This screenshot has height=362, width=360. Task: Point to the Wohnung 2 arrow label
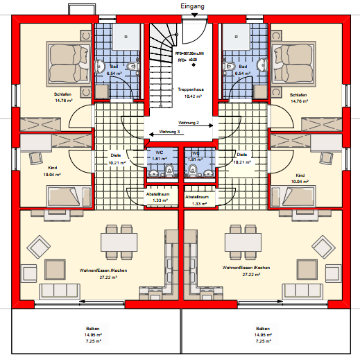pos(189,123)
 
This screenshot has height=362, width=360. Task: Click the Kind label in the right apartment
pos(300,175)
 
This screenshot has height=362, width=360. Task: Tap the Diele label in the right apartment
pos(242,155)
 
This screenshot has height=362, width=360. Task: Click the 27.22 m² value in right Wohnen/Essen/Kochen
pos(246,275)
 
